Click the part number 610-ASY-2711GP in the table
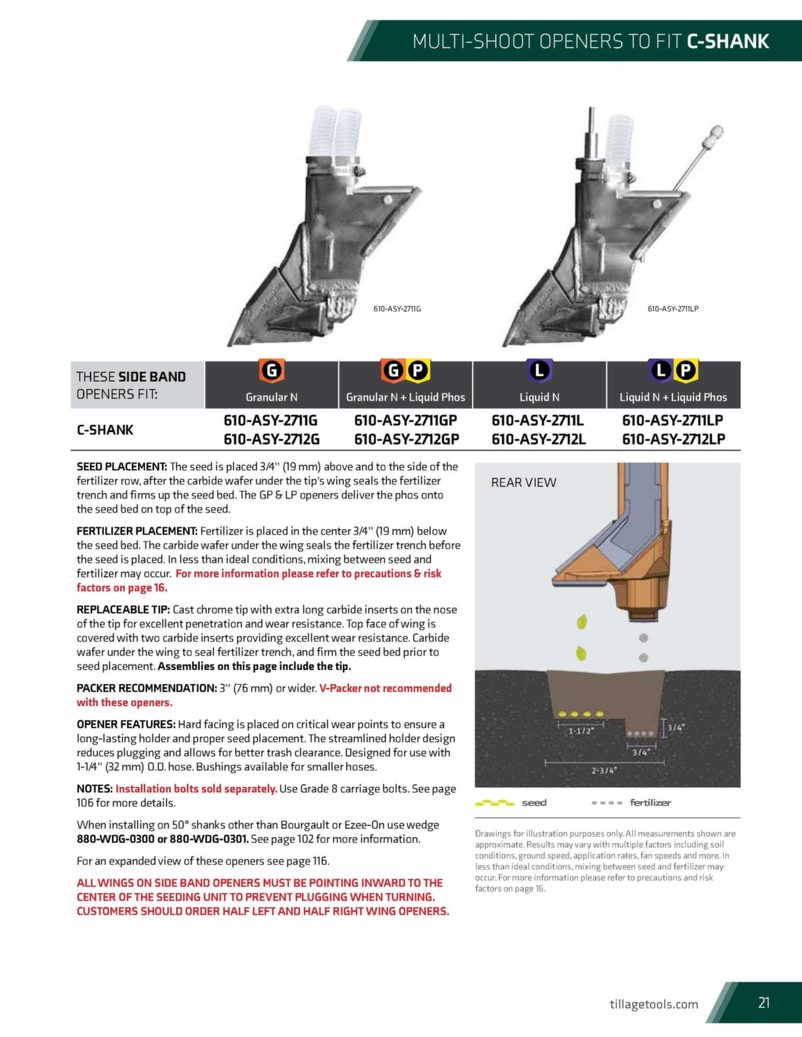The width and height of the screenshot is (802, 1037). (x=405, y=420)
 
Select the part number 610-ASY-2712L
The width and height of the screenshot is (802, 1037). (x=538, y=439)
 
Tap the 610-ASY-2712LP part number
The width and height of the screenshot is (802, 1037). (x=673, y=439)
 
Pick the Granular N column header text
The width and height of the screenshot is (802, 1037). (x=271, y=397)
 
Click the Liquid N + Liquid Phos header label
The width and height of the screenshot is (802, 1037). (x=673, y=397)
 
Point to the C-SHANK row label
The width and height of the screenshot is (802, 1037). (x=105, y=430)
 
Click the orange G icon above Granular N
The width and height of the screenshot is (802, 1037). (x=271, y=370)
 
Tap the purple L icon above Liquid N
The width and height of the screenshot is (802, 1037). (x=539, y=370)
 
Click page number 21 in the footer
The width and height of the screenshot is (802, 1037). (x=764, y=1003)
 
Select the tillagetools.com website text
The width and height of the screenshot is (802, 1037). (x=653, y=1004)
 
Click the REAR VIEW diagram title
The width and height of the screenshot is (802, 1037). (x=523, y=483)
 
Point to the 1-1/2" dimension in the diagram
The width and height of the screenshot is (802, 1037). (x=581, y=731)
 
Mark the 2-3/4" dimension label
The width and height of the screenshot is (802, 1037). (x=604, y=770)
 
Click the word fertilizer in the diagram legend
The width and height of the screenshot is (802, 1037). (x=650, y=802)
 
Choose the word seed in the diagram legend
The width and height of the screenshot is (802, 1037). (x=534, y=802)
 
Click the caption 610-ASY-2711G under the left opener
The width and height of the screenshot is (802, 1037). (x=397, y=309)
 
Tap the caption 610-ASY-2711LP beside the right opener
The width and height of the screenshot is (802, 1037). (x=673, y=309)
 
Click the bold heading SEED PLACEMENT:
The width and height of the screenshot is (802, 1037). (x=121, y=466)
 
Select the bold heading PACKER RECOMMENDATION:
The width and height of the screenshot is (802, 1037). (x=146, y=688)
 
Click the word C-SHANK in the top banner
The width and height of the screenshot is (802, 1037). (x=728, y=41)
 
